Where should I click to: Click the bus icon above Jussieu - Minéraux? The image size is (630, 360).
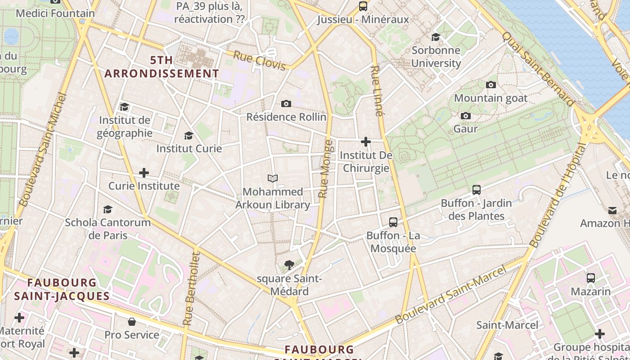pos(363,6)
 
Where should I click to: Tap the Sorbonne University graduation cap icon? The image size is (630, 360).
pos(436,37)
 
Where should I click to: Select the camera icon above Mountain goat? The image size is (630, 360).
pos(491,85)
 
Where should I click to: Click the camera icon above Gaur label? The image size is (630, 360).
pos(466,116)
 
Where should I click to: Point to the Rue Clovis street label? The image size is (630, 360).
pos(260,61)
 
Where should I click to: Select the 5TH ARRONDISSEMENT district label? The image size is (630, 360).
pos(162,67)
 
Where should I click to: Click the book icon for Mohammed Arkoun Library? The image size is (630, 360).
pos(273,179)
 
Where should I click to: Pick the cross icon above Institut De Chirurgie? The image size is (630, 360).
pos(366,142)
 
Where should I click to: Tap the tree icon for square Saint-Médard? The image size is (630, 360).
pos(289,265)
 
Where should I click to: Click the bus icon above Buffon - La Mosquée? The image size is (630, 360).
pos(393,222)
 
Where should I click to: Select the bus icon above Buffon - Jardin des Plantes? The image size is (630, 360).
pos(477,190)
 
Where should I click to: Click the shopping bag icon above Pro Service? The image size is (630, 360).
pos(132,321)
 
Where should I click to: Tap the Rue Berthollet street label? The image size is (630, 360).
pos(191,288)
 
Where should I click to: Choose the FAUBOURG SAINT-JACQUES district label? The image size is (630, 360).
pos(62,289)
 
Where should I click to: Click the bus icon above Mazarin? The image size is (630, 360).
pos(591,278)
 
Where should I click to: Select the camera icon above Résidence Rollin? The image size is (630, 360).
pos(286,104)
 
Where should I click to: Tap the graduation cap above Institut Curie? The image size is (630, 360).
pos(189,135)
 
